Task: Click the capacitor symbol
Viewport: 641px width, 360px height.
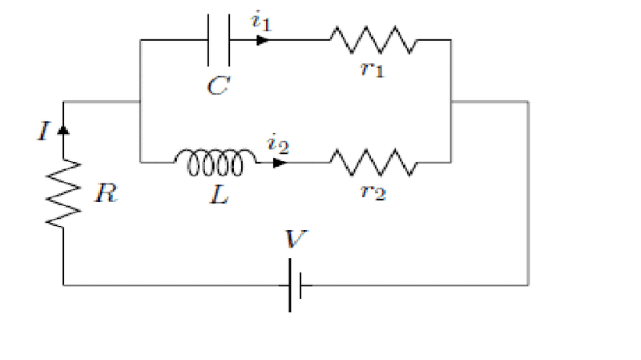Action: pos(218,40)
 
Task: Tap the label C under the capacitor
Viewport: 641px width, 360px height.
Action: pos(217,86)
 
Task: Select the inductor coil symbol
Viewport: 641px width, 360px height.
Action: pos(215,162)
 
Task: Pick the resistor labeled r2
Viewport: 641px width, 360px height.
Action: pos(373,163)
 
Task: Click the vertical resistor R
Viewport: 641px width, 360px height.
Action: pos(63,192)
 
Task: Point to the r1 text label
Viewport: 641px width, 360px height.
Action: pos(373,69)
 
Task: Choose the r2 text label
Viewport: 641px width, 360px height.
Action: pos(374,192)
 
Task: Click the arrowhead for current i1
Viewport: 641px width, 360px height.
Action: pos(262,40)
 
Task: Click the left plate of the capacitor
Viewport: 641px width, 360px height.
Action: pos(208,40)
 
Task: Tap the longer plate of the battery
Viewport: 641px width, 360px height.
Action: pos(289,285)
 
